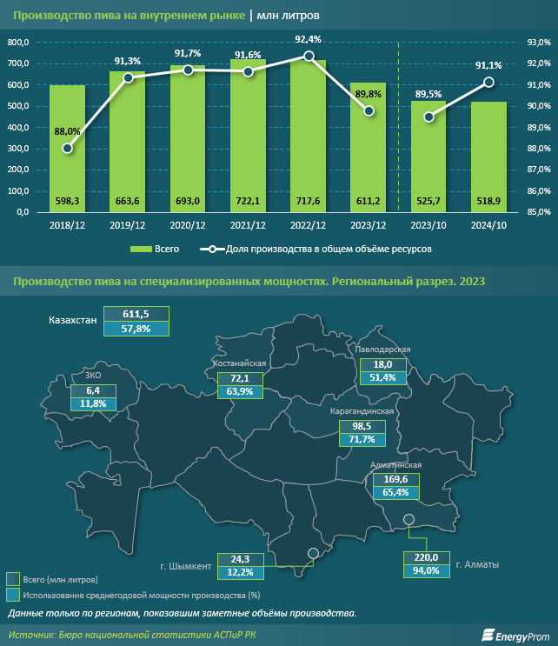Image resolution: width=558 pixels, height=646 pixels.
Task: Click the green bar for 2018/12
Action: point(67,148)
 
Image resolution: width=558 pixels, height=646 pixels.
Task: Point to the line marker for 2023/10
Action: point(428,117)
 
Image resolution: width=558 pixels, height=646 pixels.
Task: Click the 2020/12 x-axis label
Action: point(188,225)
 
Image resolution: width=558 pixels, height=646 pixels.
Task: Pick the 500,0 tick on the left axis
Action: point(18,106)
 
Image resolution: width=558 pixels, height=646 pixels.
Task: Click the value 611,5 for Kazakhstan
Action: point(136,314)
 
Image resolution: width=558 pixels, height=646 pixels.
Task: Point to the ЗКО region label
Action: point(92,376)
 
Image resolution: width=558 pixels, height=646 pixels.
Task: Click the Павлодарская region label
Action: point(382,350)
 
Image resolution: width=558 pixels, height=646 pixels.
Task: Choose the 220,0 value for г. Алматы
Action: point(426,557)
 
